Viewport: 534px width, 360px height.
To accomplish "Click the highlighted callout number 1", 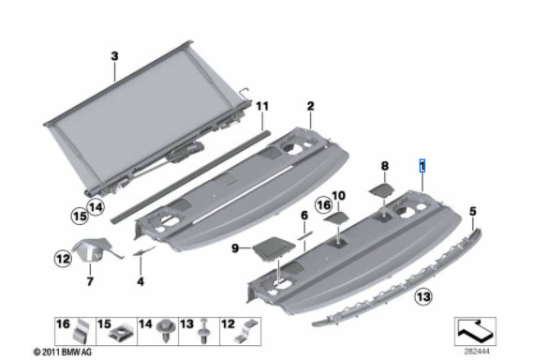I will click(x=423, y=164).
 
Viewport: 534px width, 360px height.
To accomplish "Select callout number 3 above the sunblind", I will click(x=114, y=55).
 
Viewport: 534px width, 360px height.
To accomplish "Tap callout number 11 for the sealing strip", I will click(x=262, y=108).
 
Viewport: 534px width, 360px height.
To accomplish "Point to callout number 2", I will click(x=309, y=107).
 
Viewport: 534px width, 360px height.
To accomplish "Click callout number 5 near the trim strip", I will click(x=473, y=212).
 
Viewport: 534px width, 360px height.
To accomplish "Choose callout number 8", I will click(x=383, y=165).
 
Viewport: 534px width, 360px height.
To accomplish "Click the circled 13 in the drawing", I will click(x=423, y=297).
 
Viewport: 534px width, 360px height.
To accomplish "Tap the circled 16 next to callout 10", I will click(x=323, y=203).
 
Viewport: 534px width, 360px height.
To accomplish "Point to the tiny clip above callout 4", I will click(x=141, y=250).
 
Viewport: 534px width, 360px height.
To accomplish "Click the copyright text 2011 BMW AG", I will click(x=64, y=352).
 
